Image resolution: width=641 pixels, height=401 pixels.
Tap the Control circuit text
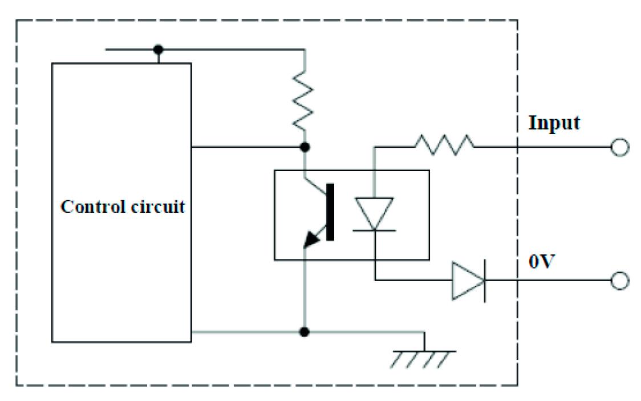click(123, 206)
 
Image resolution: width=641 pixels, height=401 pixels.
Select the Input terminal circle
click(619, 148)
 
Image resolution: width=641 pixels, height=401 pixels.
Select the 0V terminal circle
click(619, 281)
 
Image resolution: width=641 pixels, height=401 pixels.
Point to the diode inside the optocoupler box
click(374, 214)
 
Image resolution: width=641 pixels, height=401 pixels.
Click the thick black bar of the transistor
click(331, 210)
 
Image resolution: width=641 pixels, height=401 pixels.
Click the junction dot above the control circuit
click(158, 49)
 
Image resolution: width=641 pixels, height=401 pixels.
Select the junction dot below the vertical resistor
click(305, 148)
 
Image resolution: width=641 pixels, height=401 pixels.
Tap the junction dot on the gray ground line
click(305, 331)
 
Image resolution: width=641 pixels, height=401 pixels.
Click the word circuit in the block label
click(160, 206)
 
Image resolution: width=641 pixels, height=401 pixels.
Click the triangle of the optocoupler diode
click(374, 212)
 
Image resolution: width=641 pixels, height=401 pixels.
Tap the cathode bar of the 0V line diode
click(484, 281)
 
